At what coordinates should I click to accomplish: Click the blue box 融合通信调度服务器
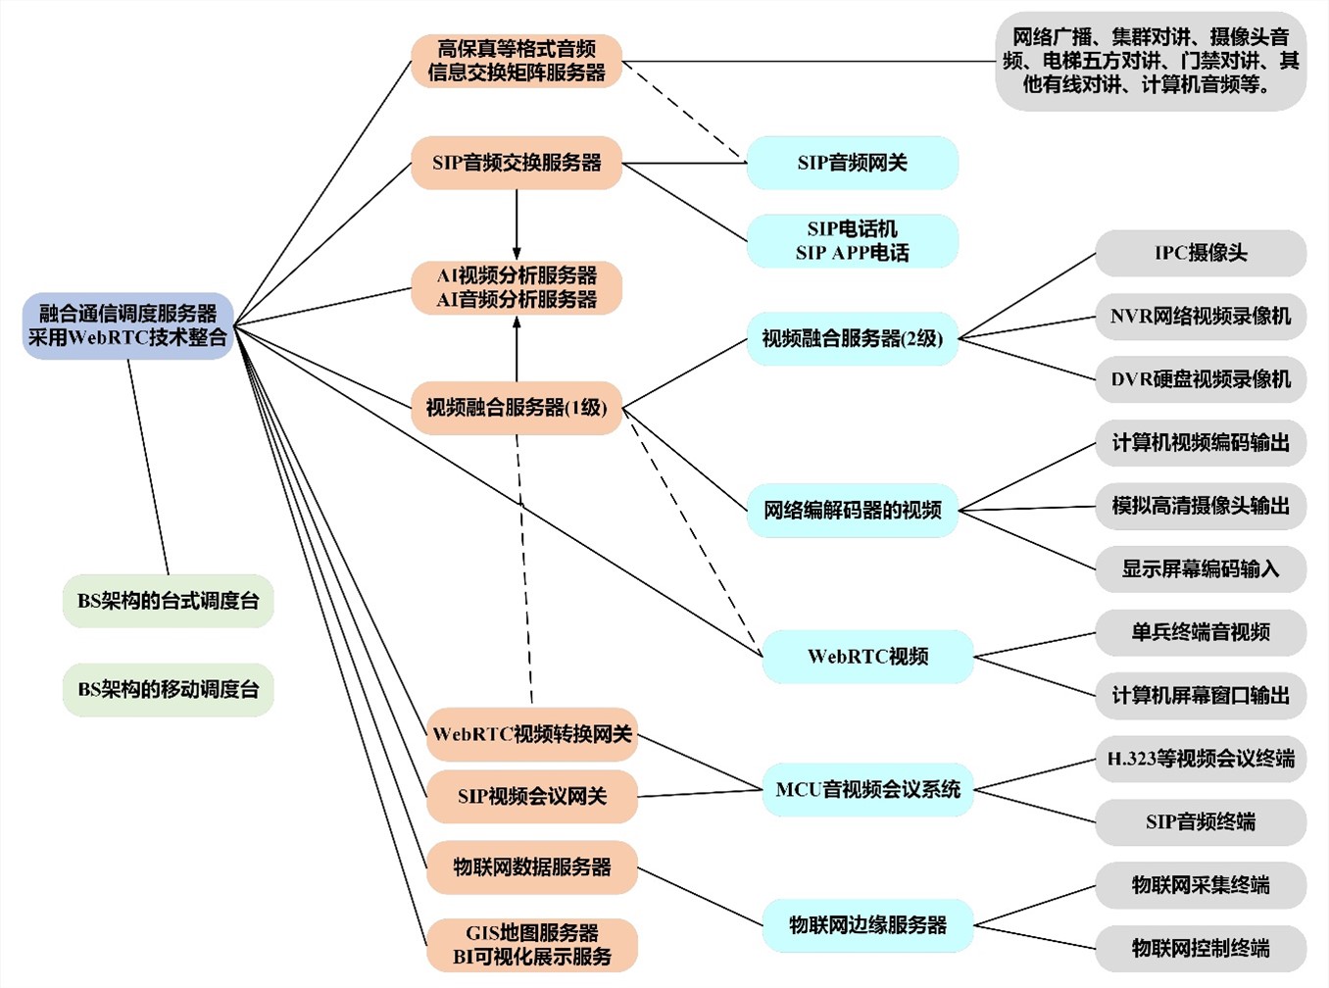pos(127,325)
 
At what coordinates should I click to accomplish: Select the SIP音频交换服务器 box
pos(517,163)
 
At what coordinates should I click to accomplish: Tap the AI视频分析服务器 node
pos(517,287)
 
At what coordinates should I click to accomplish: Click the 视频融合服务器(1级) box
pos(517,407)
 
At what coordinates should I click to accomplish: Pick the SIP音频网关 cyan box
pos(852,163)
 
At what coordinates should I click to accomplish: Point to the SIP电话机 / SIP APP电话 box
pos(852,241)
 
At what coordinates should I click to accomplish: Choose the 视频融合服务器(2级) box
pos(852,339)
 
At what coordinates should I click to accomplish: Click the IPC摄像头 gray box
pos(1201,253)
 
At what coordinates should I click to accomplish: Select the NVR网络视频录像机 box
pos(1201,317)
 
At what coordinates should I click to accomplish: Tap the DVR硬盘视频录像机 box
pos(1201,379)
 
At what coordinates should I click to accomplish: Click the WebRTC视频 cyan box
pos(867,657)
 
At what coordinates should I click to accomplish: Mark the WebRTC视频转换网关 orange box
pos(532,734)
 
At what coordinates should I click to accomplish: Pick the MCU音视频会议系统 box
pos(867,790)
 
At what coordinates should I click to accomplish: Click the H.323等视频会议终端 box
pos(1201,759)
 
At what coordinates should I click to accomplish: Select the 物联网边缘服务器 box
pos(867,924)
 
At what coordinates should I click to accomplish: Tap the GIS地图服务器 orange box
pos(532,944)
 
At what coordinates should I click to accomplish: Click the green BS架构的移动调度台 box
pos(168,689)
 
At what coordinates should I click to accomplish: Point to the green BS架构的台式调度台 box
pos(168,601)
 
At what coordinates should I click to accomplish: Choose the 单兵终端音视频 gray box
pos(1201,632)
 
